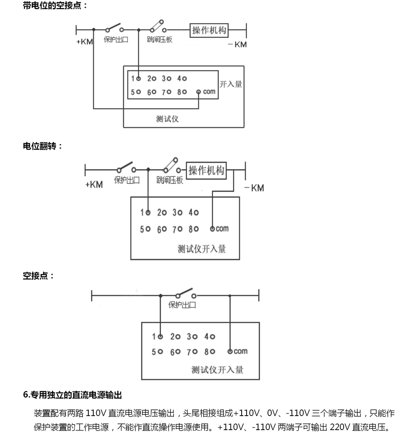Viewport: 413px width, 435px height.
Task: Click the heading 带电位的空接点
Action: (x=55, y=6)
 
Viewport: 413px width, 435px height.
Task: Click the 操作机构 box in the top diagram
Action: (x=209, y=30)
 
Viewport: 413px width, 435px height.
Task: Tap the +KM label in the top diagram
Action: (x=85, y=42)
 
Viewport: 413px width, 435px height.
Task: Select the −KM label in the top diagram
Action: (x=237, y=45)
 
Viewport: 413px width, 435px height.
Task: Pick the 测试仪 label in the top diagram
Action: (x=167, y=118)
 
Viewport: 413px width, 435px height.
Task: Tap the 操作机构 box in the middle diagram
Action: (x=206, y=170)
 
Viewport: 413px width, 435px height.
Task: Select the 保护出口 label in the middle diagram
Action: (x=127, y=180)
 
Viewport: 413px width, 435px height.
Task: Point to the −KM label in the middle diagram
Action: (x=254, y=188)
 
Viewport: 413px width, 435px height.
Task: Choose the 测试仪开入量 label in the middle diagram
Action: (x=202, y=249)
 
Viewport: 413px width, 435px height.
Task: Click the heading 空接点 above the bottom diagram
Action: (x=38, y=276)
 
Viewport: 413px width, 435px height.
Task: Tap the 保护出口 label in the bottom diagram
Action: (x=182, y=305)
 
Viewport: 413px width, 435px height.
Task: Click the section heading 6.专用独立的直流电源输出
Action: (x=72, y=395)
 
